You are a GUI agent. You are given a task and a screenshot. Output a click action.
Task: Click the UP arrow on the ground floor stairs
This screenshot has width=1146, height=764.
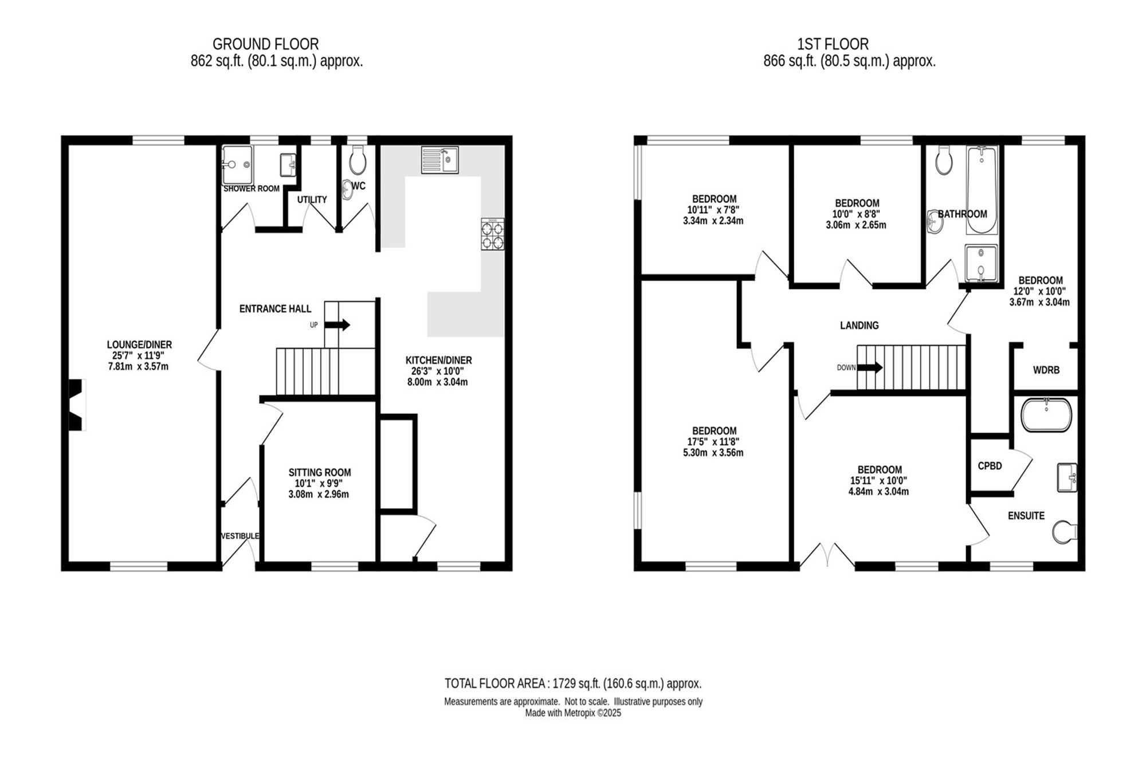(337, 325)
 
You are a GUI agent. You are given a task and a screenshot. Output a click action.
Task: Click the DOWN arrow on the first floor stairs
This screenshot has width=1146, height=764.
(870, 367)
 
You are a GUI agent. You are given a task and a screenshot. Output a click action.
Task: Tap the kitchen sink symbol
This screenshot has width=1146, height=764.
(439, 160)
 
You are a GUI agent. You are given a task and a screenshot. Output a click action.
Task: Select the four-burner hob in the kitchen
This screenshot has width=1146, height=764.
(493, 234)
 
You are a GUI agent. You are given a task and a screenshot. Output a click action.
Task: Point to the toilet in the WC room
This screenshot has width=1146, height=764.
(358, 160)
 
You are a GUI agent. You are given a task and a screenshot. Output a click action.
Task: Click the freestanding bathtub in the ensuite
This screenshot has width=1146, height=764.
(1046, 415)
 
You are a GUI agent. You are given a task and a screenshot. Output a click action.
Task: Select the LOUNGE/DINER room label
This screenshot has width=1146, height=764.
(139, 344)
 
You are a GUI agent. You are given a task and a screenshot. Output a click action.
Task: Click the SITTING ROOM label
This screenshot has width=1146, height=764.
(320, 472)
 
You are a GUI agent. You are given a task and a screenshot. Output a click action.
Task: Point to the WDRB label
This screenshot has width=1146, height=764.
(1046, 370)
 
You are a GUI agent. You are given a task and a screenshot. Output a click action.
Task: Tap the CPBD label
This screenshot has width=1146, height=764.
(990, 466)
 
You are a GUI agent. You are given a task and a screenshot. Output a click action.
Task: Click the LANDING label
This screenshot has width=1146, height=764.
(859, 326)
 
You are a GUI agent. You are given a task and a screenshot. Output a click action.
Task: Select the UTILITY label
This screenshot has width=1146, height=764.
(312, 199)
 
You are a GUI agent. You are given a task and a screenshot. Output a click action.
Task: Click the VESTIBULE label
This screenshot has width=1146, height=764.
(240, 536)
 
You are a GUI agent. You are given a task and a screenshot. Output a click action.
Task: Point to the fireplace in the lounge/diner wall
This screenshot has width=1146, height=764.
(77, 405)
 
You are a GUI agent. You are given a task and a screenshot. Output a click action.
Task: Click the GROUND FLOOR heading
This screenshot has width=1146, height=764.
(265, 44)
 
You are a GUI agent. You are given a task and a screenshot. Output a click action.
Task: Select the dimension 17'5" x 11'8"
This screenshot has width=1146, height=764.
(714, 442)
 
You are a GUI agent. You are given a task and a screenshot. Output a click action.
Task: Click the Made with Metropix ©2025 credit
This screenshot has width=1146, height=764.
(573, 713)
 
